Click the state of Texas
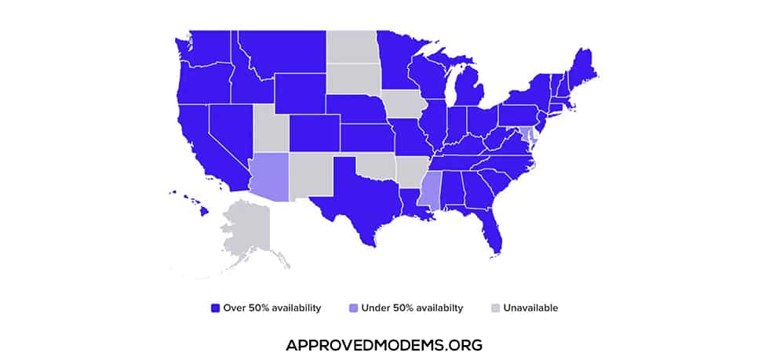click(357, 196)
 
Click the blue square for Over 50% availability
click(215, 308)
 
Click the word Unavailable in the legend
click(530, 308)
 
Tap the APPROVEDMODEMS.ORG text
click(384, 344)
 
